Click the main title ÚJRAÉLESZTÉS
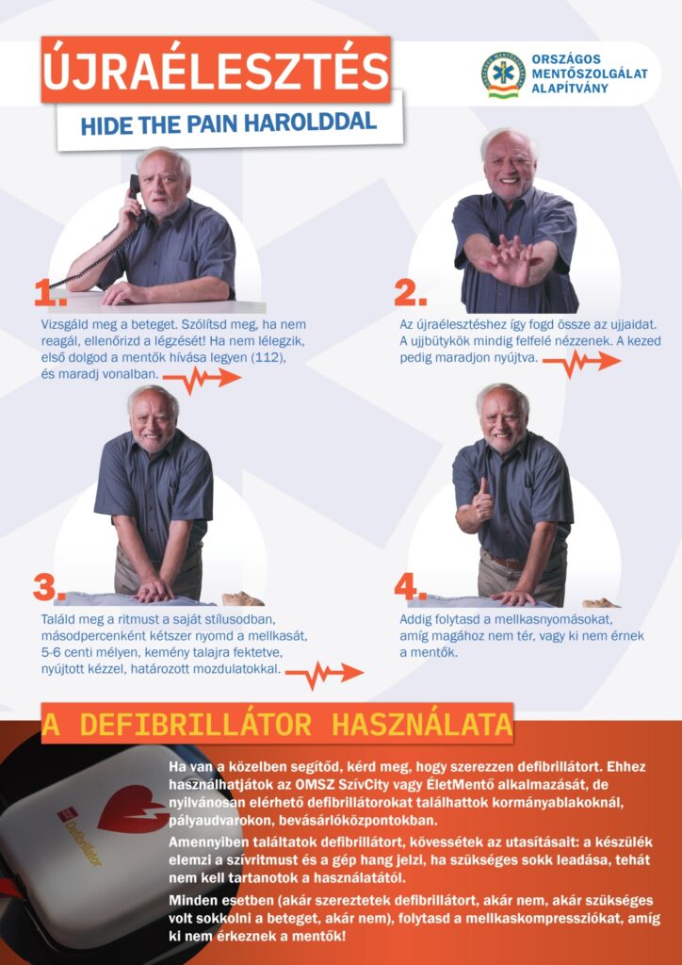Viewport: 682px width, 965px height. (x=216, y=70)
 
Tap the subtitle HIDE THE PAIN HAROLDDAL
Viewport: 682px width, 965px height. (x=229, y=122)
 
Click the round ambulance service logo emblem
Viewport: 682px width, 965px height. (x=502, y=74)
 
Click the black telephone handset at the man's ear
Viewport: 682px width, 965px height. (x=134, y=193)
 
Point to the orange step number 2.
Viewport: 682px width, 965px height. (x=410, y=295)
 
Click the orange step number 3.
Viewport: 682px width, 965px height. (x=49, y=589)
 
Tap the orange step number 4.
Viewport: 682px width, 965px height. (x=410, y=589)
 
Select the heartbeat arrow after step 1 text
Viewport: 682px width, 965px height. (x=203, y=379)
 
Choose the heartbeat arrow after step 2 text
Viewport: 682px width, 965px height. (x=582, y=363)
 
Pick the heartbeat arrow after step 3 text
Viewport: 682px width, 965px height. (x=325, y=674)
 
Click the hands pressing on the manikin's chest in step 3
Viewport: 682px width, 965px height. (x=155, y=590)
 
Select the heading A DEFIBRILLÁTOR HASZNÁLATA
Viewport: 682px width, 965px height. (x=277, y=726)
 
